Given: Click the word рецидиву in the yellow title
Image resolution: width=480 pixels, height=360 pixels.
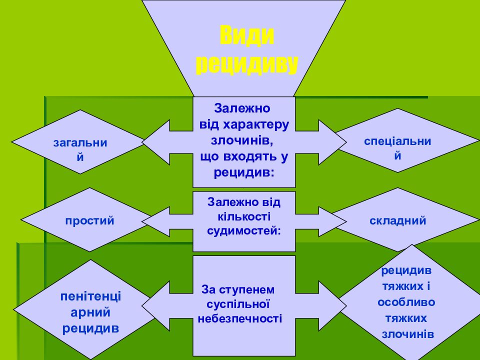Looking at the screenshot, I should [247, 64].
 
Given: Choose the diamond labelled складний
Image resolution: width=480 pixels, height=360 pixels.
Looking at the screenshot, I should [398, 220].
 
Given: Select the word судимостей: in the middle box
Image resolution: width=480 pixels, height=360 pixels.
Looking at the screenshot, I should [243, 231].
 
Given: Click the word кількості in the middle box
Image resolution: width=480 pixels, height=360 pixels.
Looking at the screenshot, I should [243, 217].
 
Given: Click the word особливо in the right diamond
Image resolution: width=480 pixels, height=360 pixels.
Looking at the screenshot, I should [406, 302].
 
